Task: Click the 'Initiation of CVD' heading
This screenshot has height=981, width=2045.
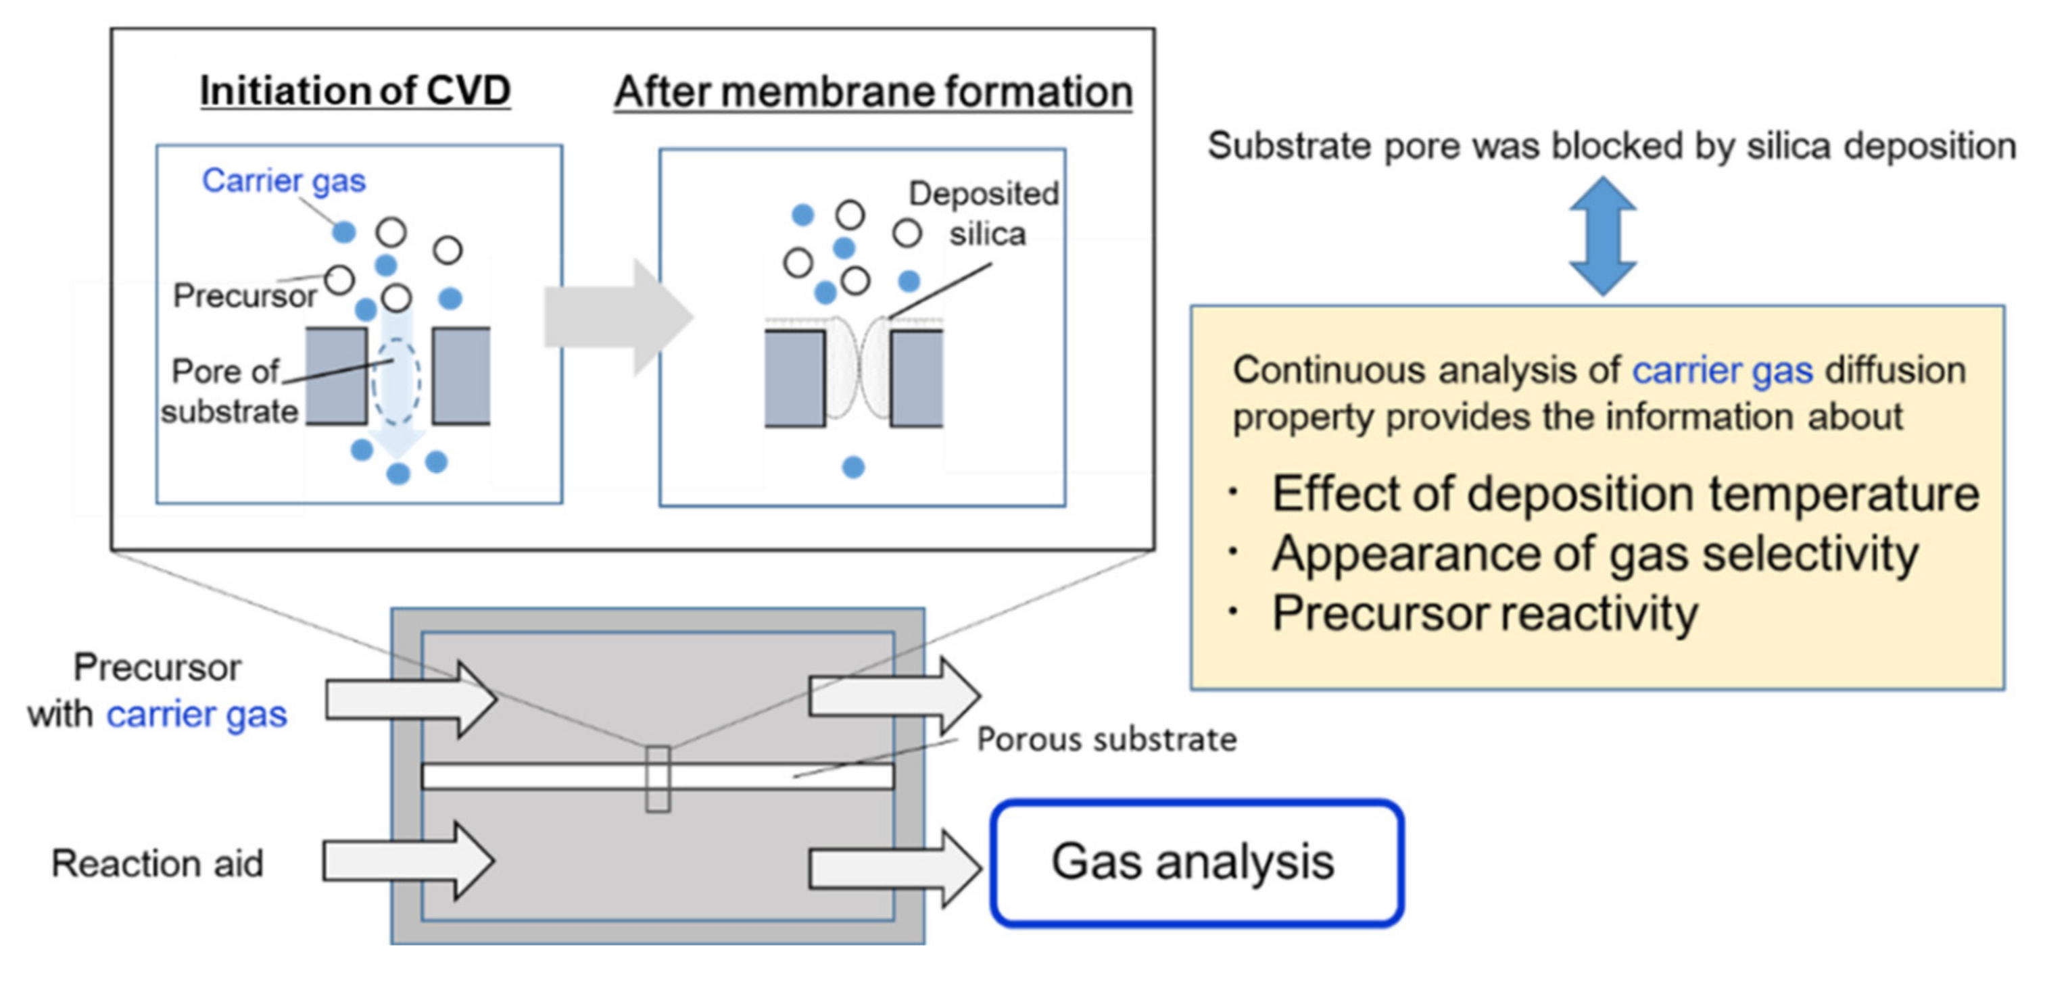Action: point(355,91)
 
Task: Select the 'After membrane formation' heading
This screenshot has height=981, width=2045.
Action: point(873,92)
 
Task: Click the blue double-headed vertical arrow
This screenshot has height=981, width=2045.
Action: point(1603,236)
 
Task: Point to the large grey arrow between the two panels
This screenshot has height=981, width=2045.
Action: point(618,318)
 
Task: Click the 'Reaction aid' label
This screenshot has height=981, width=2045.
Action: point(158,863)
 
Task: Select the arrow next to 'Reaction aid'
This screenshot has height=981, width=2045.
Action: point(409,861)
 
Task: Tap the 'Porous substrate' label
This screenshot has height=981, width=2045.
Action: point(1106,740)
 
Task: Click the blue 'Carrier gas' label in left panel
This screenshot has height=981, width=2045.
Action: point(283,181)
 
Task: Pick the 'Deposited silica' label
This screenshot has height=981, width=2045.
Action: point(984,213)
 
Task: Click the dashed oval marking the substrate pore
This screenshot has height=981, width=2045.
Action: point(397,382)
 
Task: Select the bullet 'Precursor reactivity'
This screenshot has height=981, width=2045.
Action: point(1484,613)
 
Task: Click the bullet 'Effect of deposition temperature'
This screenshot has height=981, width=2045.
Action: point(1625,494)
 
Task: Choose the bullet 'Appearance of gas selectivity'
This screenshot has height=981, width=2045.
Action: point(1594,553)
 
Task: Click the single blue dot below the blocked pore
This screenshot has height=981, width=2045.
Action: point(853,468)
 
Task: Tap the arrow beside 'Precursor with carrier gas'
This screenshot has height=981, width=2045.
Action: point(411,699)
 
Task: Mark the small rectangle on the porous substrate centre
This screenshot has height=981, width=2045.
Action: point(657,778)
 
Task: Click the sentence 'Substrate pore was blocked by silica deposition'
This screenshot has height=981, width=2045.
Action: point(1611,146)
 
